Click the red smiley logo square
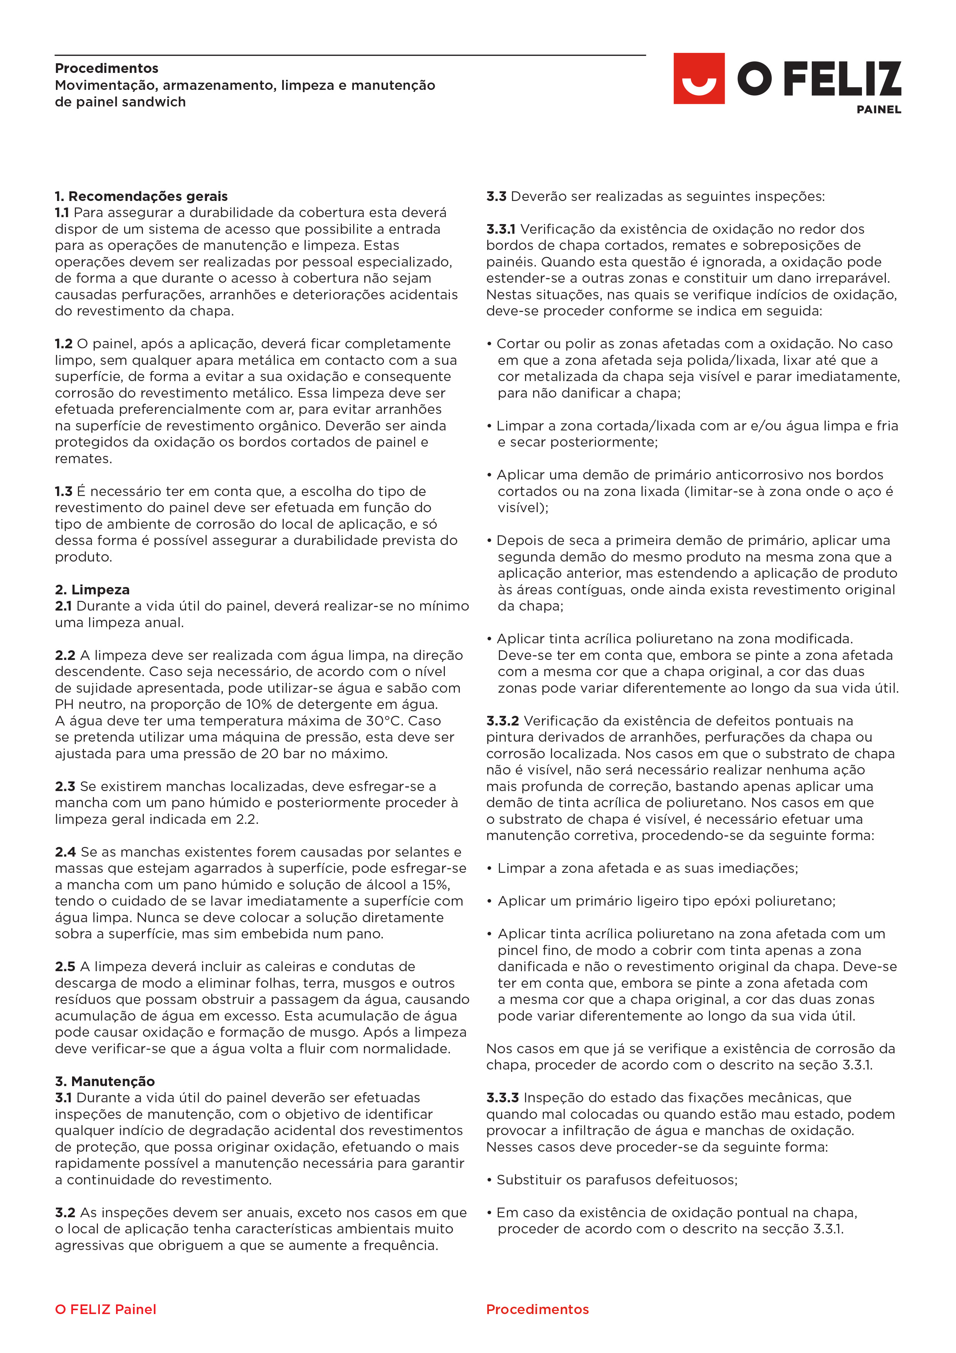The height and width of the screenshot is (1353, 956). [698, 78]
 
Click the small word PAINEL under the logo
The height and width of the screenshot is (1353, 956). [878, 110]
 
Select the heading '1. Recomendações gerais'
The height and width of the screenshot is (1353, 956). [141, 196]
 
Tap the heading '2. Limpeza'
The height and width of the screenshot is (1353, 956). [93, 589]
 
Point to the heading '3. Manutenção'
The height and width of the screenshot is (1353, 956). [105, 1081]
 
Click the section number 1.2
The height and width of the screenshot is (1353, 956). [64, 344]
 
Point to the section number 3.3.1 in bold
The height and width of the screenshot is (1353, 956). [501, 229]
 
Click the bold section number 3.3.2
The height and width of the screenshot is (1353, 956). [502, 721]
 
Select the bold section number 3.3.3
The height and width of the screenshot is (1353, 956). [502, 1098]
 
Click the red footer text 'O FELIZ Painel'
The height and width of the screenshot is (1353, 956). [106, 1309]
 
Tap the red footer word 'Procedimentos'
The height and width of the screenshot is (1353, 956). [537, 1309]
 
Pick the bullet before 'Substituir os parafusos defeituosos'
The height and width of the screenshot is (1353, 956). [490, 1180]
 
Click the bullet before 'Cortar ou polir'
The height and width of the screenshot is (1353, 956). [490, 344]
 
